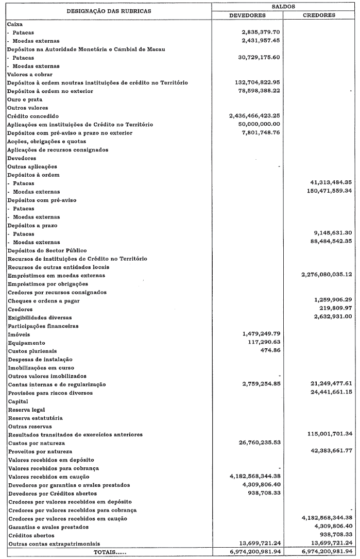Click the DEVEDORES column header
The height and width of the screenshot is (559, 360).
pos(247,15)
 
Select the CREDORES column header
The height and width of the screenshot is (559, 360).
pos(319,15)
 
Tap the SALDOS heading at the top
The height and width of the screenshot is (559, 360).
pos(284,5)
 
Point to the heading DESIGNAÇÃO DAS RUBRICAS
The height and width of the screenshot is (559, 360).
pos(108,11)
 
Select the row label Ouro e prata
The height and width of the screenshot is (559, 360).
pos(24,99)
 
